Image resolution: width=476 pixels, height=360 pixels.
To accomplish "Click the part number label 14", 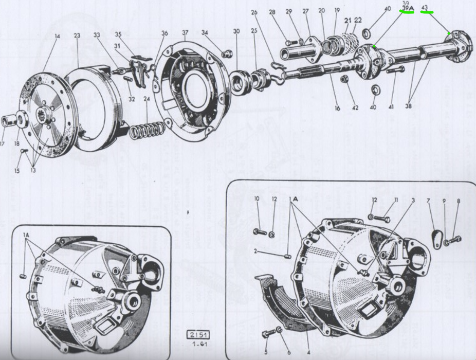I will [57, 36].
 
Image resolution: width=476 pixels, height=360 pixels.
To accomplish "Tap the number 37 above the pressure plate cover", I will [185, 32].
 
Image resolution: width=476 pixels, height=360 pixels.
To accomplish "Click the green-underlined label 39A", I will [408, 9].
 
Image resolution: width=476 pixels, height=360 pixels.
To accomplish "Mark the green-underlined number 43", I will [425, 8].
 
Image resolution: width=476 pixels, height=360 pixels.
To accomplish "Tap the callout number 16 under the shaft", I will [337, 109].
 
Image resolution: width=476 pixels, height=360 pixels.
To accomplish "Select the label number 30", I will [236, 31].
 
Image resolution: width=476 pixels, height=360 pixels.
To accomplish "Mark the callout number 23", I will [77, 36].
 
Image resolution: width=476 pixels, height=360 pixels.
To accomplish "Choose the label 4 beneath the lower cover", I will [308, 353].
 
